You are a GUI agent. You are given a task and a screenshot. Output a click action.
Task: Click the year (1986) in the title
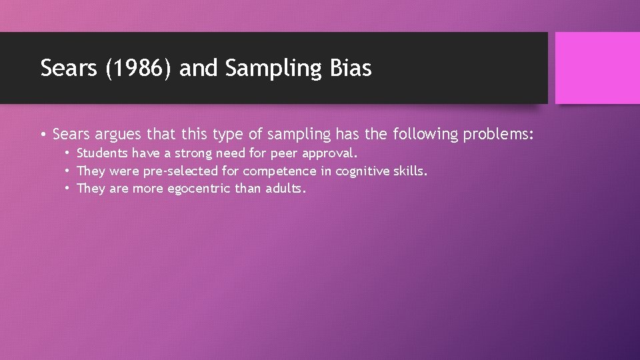click(x=140, y=69)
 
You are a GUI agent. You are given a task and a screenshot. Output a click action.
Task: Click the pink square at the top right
click(x=597, y=68)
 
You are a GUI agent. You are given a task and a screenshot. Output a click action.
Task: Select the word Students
click(x=102, y=153)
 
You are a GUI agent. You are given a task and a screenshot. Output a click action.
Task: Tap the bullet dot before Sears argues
click(x=43, y=135)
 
